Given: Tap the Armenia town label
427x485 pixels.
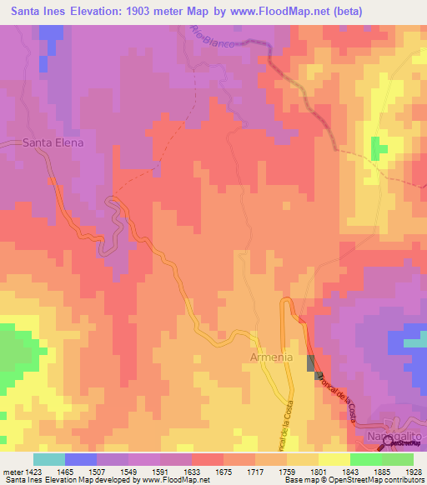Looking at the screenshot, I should click(271, 357).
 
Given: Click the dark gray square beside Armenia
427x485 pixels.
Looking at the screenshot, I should click(311, 362).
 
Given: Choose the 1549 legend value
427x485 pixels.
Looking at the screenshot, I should click(113, 472).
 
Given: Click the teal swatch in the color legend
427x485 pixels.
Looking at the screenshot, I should click(49, 459).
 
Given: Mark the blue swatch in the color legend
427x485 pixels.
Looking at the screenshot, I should click(81, 459).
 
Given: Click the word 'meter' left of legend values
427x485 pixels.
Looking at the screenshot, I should click(12, 472).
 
